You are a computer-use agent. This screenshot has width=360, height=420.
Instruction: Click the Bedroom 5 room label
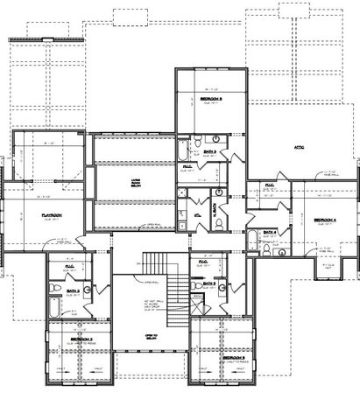tap(211, 100)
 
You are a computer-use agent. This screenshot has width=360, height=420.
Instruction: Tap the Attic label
tap(299, 146)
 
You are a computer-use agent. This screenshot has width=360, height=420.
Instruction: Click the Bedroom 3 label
tap(233, 358)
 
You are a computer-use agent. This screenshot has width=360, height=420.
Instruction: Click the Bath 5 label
tap(209, 151)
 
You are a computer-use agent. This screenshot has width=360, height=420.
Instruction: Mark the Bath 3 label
tap(208, 283)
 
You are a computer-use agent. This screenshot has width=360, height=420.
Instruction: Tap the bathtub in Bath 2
tap(54, 307)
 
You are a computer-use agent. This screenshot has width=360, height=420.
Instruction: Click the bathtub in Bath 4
tap(251, 241)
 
